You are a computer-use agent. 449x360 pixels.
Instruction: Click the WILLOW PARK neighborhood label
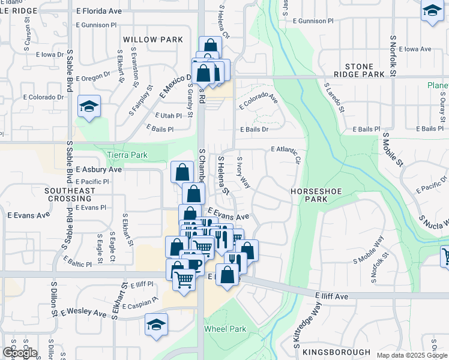152,40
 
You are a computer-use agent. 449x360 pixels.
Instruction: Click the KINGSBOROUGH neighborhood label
336,352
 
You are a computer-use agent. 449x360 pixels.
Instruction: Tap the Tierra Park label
127,155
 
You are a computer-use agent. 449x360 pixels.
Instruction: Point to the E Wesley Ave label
83,312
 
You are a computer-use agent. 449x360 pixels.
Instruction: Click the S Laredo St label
334,98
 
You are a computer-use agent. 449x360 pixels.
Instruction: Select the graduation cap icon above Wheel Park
157,325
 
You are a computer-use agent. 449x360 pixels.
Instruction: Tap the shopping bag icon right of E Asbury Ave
182,172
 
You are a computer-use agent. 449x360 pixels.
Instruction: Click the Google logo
20,353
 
